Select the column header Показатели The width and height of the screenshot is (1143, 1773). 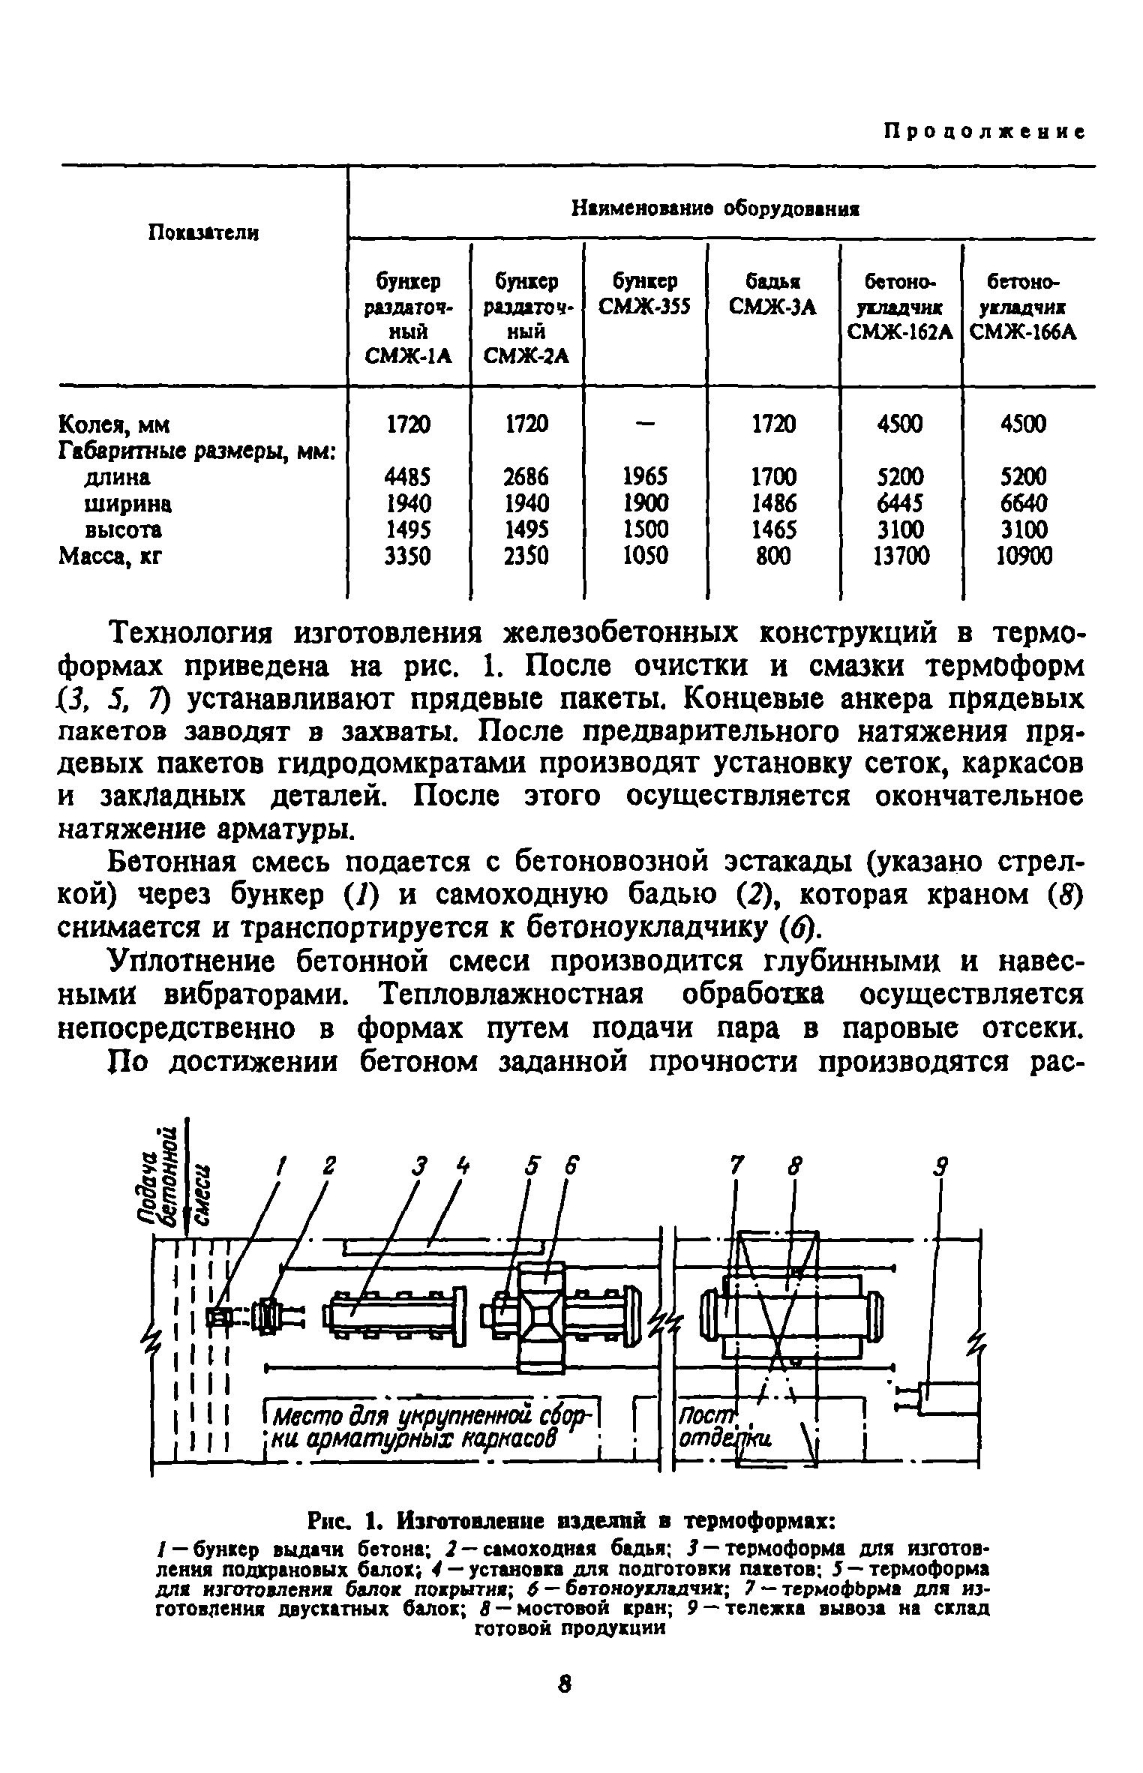203,232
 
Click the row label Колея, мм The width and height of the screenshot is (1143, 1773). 115,425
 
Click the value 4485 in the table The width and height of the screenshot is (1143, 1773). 408,476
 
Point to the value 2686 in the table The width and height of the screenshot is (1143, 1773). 526,476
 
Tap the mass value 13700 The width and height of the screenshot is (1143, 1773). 901,556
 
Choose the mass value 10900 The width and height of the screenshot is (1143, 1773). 1025,556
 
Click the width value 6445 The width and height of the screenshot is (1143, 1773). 900,502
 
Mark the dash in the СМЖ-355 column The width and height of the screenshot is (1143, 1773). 644,424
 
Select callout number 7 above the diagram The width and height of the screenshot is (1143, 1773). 736,1166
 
